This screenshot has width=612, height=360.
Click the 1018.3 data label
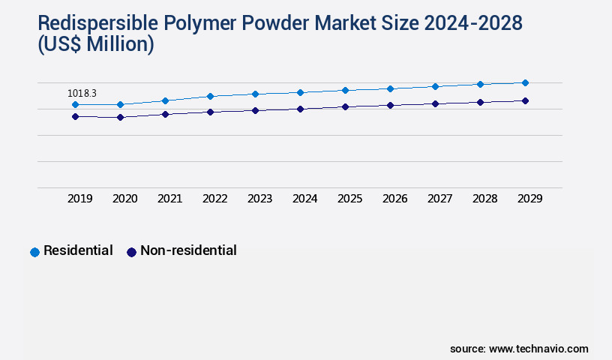pyautogui.click(x=82, y=93)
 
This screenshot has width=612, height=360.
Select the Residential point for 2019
pyautogui.click(x=75, y=104)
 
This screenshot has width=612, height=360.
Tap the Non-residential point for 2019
pyautogui.click(x=75, y=116)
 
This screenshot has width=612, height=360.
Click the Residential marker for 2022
pyautogui.click(x=210, y=96)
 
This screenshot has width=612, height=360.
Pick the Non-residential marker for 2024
pyautogui.click(x=300, y=109)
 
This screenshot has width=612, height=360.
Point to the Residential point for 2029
pyautogui.click(x=525, y=82)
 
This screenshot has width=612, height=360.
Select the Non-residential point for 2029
pyautogui.click(x=525, y=100)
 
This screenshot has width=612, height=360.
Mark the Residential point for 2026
pyautogui.click(x=390, y=88)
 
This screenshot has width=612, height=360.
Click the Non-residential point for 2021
pyautogui.click(x=165, y=114)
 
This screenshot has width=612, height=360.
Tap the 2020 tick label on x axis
pyautogui.click(x=124, y=199)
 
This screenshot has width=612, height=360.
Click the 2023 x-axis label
pyautogui.click(x=259, y=199)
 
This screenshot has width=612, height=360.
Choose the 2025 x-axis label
pyautogui.click(x=349, y=199)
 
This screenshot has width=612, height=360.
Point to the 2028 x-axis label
pyautogui.click(x=484, y=199)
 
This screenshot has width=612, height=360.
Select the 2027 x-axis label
pyautogui.click(x=439, y=199)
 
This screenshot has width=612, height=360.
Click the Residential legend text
pyautogui.click(x=78, y=250)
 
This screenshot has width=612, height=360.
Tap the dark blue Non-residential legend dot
pyautogui.click(x=131, y=252)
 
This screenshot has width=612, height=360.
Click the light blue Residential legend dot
pyautogui.click(x=34, y=252)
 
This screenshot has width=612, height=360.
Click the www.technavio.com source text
pyautogui.click(x=538, y=349)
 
